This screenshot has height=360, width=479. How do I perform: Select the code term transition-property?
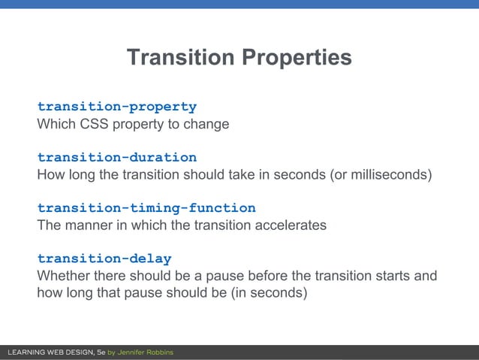click(x=117, y=107)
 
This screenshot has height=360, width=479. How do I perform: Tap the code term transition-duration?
click(x=117, y=157)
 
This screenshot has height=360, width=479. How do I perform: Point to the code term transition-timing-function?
click(x=146, y=207)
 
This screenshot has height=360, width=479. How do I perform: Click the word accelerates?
click(x=292, y=225)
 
